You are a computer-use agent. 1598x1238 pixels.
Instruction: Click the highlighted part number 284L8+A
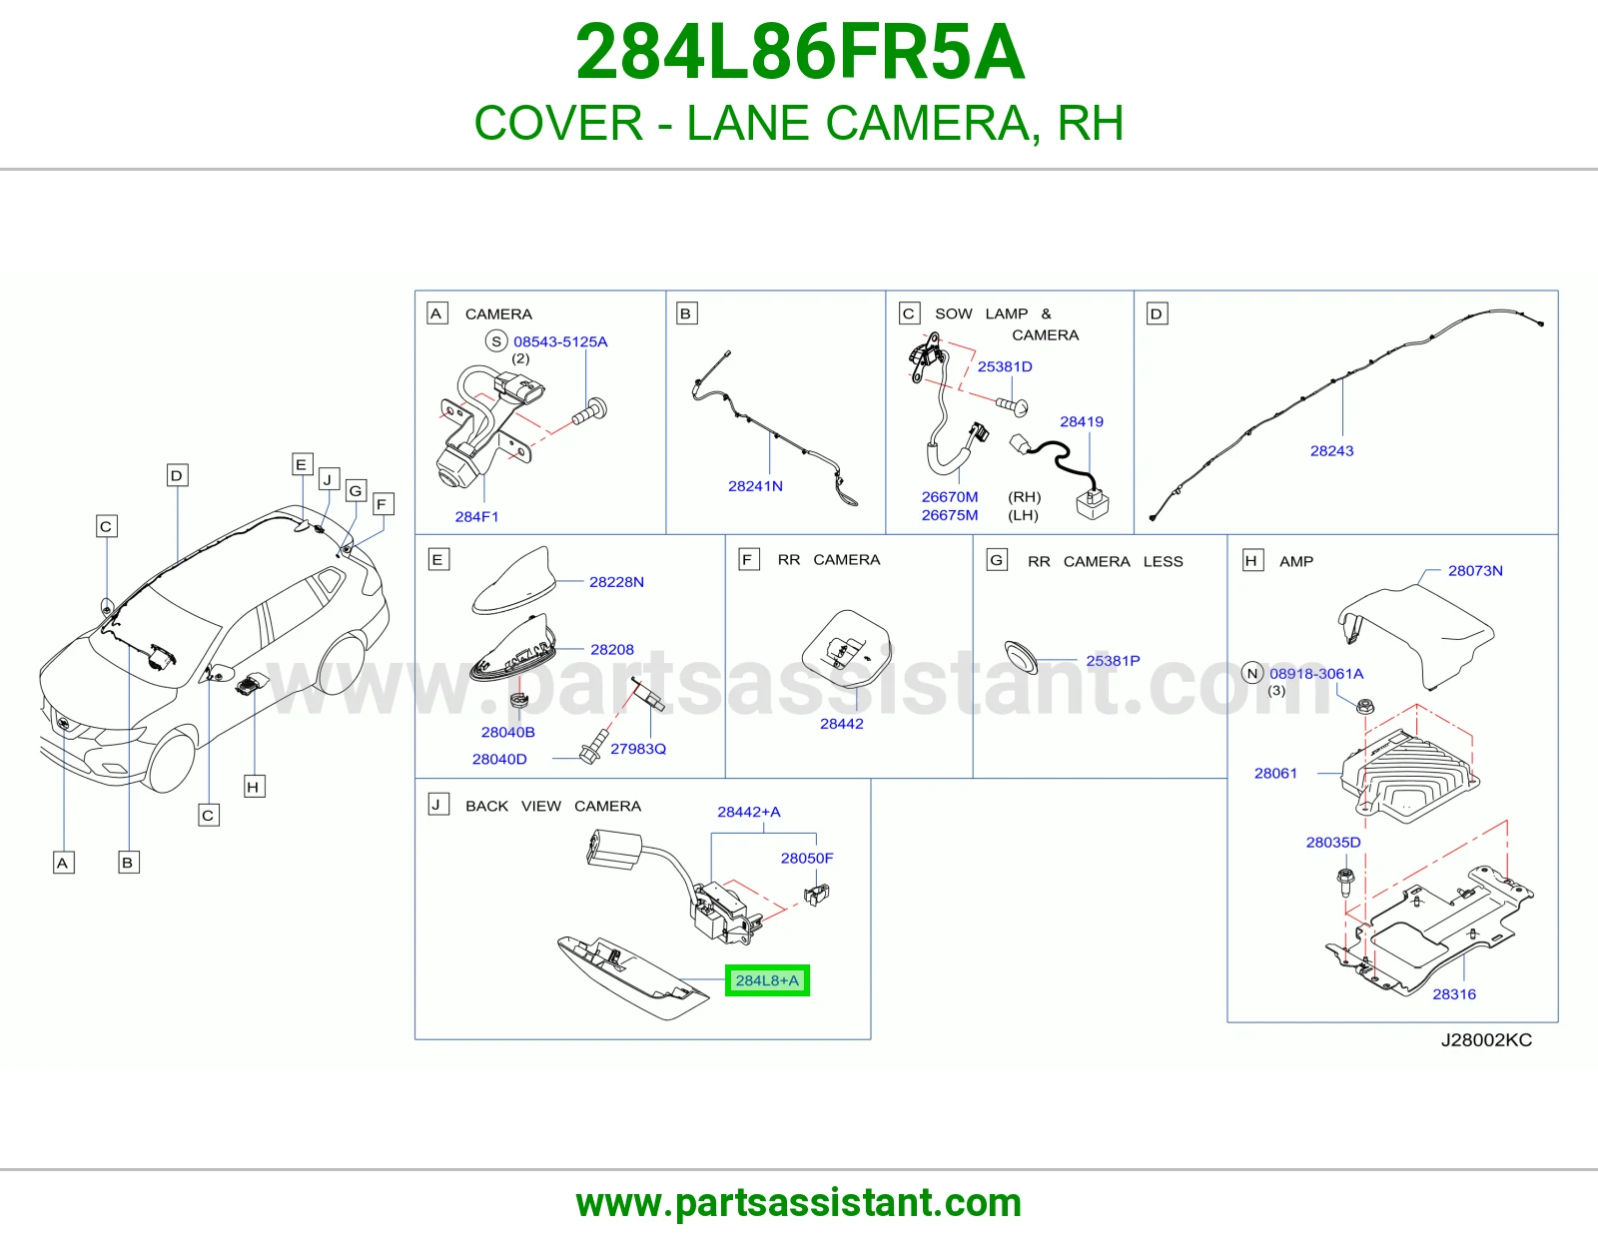[x=767, y=980]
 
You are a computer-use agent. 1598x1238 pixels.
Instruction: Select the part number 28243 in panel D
[x=1331, y=450]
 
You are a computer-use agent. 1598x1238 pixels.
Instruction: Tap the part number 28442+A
[x=749, y=812]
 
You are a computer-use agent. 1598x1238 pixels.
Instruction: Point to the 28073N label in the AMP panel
[x=1475, y=570]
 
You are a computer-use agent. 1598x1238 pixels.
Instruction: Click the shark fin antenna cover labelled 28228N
[x=513, y=581]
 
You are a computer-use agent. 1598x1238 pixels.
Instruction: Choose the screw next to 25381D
[x=1013, y=405]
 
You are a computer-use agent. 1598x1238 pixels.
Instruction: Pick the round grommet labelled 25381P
[x=1021, y=657]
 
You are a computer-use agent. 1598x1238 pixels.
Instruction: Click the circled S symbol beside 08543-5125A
[x=496, y=341]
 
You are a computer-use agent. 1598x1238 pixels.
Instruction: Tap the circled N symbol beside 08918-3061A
[x=1252, y=673]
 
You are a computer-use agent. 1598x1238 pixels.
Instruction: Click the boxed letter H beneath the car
[x=255, y=787]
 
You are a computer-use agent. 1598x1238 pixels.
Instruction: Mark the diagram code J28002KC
[x=1486, y=1039]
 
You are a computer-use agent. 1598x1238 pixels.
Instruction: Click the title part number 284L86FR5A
[x=799, y=52]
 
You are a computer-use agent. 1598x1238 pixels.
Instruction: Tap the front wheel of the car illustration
[x=172, y=761]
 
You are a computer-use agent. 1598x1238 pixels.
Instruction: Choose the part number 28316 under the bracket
[x=1454, y=994]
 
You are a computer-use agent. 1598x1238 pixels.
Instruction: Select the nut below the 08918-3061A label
[x=1365, y=707]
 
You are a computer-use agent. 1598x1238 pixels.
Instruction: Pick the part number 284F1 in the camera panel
[x=476, y=517]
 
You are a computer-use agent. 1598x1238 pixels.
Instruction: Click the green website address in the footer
[x=799, y=1203]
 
